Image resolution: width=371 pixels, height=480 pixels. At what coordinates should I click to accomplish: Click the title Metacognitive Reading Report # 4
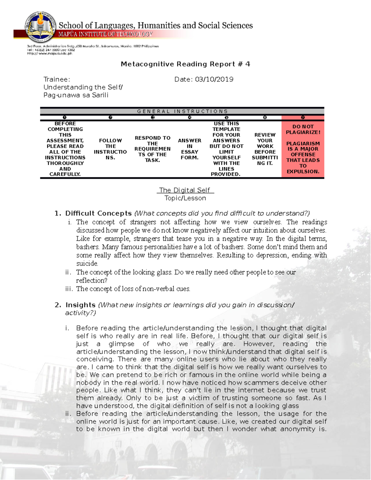(185, 64)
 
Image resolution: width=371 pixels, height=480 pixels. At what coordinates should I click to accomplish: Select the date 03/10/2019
(214, 79)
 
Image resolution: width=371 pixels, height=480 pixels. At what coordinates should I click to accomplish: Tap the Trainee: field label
(57, 79)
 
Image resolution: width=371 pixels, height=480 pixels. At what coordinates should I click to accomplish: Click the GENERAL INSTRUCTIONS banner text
(182, 111)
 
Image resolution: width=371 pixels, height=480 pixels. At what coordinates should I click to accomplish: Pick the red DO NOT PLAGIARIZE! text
(303, 130)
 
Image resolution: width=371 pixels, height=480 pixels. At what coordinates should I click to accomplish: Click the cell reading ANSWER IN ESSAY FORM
(190, 149)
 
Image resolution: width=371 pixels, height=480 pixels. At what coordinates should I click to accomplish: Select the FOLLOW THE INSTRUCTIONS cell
(110, 149)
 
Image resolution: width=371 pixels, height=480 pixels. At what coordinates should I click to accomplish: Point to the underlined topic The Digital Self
(185, 190)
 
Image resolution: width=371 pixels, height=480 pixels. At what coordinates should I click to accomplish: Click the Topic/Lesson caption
(185, 198)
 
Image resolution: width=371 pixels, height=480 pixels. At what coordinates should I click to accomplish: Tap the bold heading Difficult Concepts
(98, 213)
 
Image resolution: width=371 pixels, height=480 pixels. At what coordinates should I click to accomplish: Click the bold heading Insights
(80, 305)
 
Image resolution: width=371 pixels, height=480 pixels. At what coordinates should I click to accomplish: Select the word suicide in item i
(87, 264)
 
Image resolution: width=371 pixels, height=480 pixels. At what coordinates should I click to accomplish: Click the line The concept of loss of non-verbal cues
(133, 289)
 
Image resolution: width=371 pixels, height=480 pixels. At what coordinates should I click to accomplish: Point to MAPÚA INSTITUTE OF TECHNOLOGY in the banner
(105, 34)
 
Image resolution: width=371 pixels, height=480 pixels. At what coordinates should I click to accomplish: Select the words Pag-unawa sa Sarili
(76, 95)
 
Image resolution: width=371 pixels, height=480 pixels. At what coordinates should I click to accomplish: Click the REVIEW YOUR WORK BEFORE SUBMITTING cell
(265, 149)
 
